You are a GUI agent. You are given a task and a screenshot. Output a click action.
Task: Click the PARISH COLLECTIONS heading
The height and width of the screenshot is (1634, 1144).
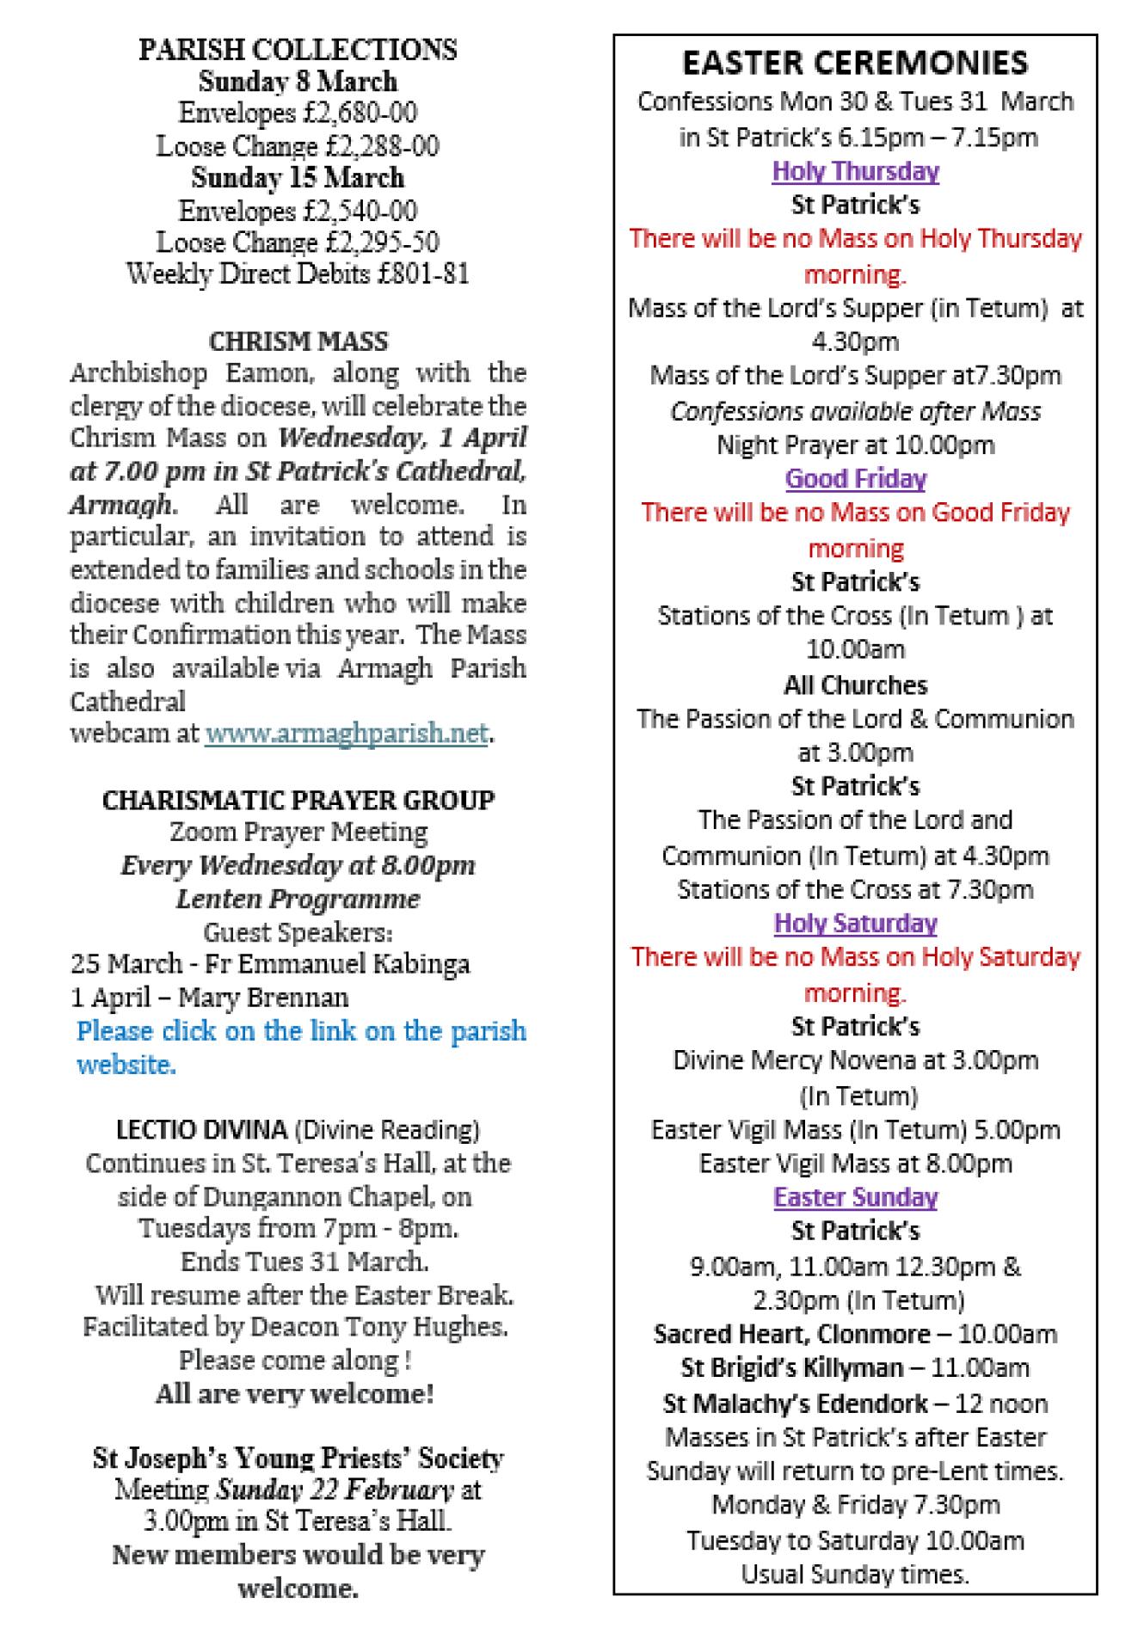pyautogui.click(x=298, y=50)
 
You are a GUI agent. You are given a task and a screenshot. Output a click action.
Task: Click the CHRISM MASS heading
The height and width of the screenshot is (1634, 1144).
pyautogui.click(x=298, y=341)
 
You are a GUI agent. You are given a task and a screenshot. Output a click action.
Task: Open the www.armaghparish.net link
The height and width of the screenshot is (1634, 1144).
pyautogui.click(x=347, y=734)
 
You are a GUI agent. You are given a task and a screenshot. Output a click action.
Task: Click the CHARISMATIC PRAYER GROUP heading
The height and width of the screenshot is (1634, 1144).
pyautogui.click(x=298, y=801)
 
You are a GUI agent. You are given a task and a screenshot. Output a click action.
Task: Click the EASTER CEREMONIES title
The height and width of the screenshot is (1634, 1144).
pyautogui.click(x=855, y=63)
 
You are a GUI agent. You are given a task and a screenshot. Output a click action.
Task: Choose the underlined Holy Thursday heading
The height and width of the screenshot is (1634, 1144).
pyautogui.click(x=855, y=171)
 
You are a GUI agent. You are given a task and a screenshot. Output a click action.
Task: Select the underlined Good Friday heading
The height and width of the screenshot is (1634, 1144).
pyautogui.click(x=855, y=478)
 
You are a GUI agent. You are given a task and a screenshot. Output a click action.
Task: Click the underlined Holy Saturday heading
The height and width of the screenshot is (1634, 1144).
pyautogui.click(x=855, y=923)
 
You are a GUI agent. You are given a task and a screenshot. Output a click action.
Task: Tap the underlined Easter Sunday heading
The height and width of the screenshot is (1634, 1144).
pyautogui.click(x=855, y=1197)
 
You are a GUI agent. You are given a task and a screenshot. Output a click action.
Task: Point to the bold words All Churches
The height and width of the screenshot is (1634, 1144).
pyautogui.click(x=855, y=685)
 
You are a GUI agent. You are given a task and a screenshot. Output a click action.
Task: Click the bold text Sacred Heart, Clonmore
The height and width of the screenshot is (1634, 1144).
pyautogui.click(x=791, y=1334)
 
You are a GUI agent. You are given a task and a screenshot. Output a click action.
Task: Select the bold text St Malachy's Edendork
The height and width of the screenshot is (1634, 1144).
pyautogui.click(x=796, y=1404)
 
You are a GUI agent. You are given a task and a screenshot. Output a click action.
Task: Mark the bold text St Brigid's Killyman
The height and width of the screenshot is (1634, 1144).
pyautogui.click(x=792, y=1367)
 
